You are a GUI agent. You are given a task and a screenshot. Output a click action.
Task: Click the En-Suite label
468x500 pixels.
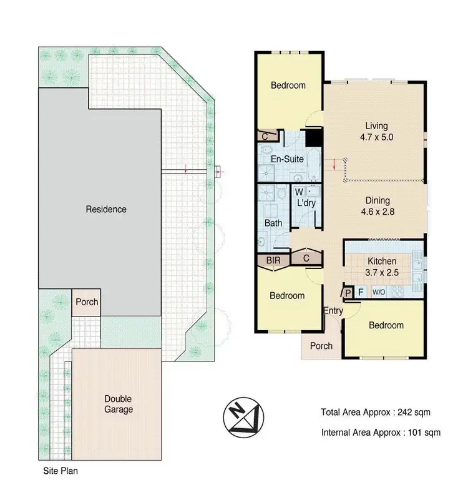[288, 159]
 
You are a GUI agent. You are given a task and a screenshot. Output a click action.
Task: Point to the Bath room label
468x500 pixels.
[273, 223]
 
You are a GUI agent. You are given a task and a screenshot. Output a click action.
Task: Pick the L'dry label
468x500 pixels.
[307, 203]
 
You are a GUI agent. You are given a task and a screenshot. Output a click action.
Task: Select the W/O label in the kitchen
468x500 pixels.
[379, 292]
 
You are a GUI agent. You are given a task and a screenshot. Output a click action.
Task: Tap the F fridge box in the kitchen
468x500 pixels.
[360, 292]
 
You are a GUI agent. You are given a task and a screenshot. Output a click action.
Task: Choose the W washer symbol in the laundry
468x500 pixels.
[299, 192]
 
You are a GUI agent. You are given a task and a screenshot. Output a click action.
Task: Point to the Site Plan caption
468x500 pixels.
[60, 472]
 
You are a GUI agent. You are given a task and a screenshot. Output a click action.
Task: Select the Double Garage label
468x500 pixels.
[118, 404]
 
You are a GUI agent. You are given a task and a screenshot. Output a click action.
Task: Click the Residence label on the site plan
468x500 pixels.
[106, 209]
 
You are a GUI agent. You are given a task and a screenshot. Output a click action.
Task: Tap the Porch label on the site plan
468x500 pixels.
[87, 302]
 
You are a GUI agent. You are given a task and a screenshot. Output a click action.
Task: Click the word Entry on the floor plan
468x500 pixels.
[333, 310]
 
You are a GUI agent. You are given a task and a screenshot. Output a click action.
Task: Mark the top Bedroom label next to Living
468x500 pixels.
[288, 85]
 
